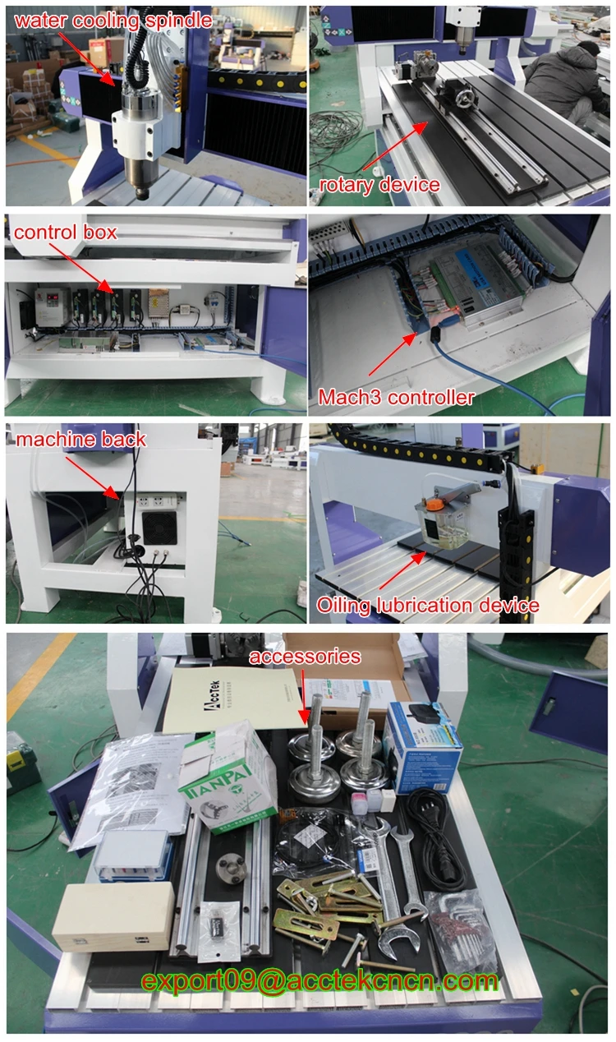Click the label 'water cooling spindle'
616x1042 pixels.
pyautogui.click(x=112, y=20)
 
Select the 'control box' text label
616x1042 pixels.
pyautogui.click(x=66, y=233)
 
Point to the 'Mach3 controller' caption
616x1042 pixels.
pyautogui.click(x=396, y=399)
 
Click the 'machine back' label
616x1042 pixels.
pyautogui.click(x=81, y=439)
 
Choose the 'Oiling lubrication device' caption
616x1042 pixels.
pyautogui.click(x=428, y=606)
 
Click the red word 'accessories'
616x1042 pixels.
pyautogui.click(x=305, y=656)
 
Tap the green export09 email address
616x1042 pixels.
pyautogui.click(x=319, y=980)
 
